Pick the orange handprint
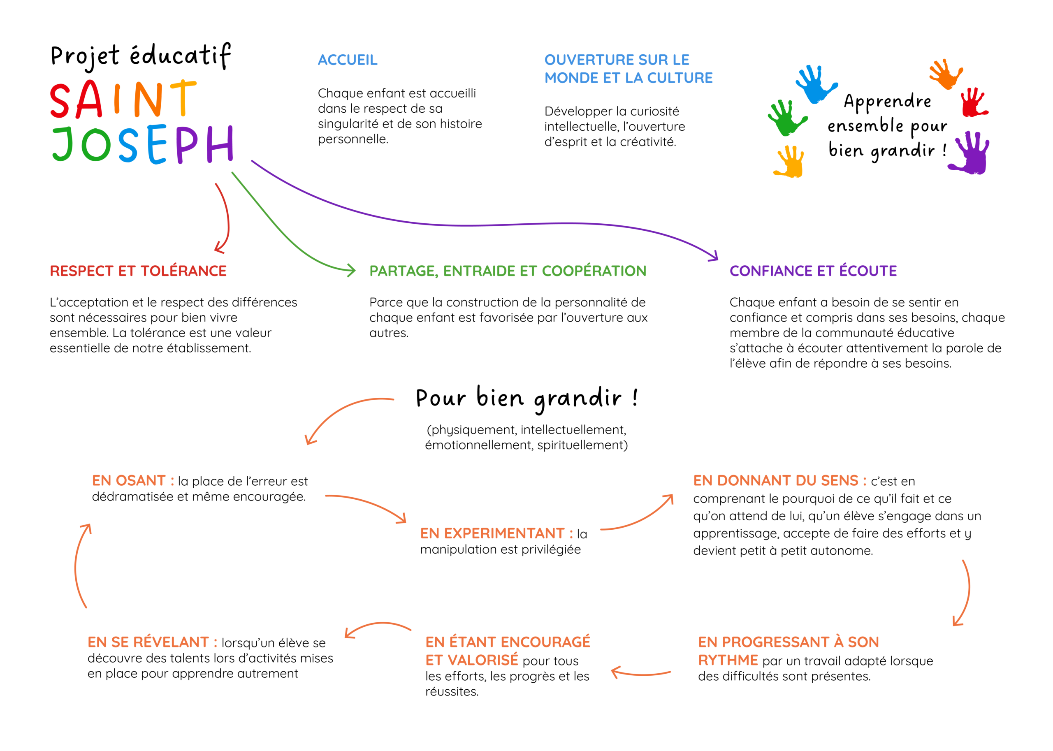pos(946,74)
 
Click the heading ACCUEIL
pos(347,60)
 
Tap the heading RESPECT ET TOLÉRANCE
pos(138,271)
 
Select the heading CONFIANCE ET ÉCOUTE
pos(812,271)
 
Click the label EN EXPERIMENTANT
pos(492,534)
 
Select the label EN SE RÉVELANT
pos(148,642)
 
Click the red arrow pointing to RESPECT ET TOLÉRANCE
pos(224,217)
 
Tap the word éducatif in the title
pos(180,56)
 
